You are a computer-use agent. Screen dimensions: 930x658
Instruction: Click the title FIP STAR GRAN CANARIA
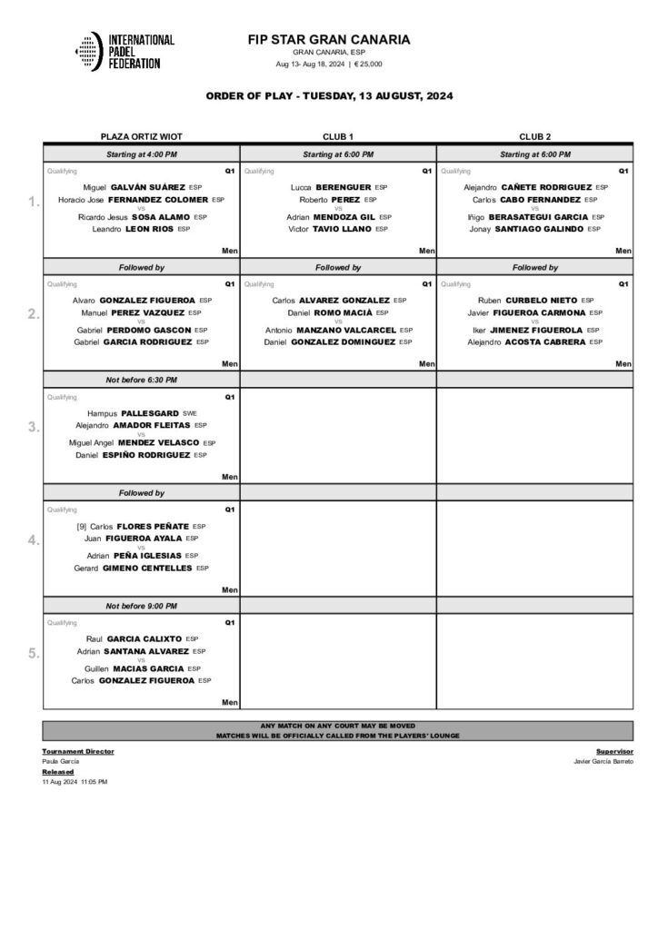pos(328,40)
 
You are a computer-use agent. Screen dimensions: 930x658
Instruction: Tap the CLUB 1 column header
pos(338,136)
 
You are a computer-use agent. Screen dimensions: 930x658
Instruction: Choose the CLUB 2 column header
pos(534,136)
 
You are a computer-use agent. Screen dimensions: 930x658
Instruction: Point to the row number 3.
pos(33,427)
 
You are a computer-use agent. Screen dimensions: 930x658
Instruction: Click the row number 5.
pos(33,653)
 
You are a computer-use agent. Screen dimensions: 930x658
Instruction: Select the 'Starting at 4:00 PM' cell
pos(141,155)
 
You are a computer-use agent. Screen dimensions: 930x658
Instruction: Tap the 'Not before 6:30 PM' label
pos(141,380)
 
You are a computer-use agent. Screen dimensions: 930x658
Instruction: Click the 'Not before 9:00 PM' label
pos(141,606)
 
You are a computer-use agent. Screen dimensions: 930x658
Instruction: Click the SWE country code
pos(189,413)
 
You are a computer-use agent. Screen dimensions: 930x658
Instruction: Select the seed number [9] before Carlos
pos(82,526)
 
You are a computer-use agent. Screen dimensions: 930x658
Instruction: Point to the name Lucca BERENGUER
pos(330,187)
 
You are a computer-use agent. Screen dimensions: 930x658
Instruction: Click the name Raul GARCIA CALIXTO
pos(134,638)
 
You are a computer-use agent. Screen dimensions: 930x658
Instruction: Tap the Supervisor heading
pos(614,752)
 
